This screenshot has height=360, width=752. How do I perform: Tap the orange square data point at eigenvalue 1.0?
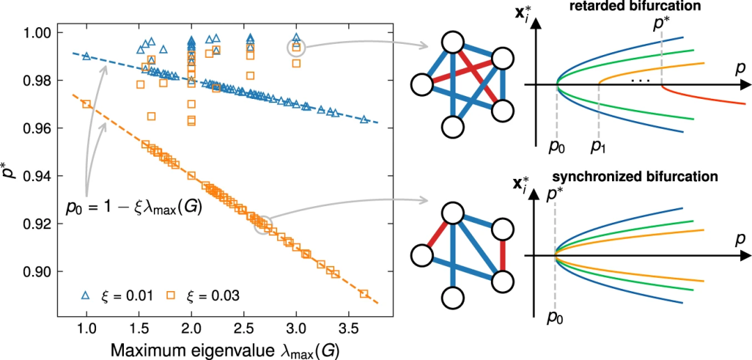tap(86, 104)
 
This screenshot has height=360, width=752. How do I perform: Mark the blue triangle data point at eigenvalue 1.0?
tap(86, 56)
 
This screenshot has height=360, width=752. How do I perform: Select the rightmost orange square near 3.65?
tap(363, 294)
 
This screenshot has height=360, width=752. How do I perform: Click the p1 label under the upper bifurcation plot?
tap(599, 147)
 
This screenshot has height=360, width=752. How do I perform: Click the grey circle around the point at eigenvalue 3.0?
tap(297, 47)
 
